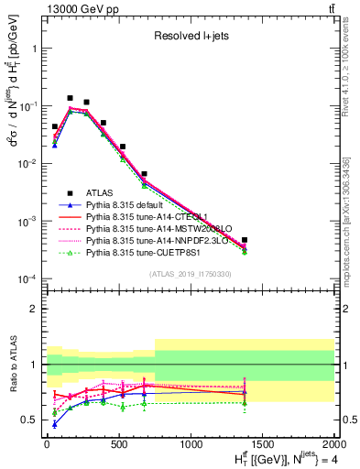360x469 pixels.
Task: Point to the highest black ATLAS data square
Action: (x=70, y=98)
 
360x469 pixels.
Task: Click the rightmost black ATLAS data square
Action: (x=245, y=240)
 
